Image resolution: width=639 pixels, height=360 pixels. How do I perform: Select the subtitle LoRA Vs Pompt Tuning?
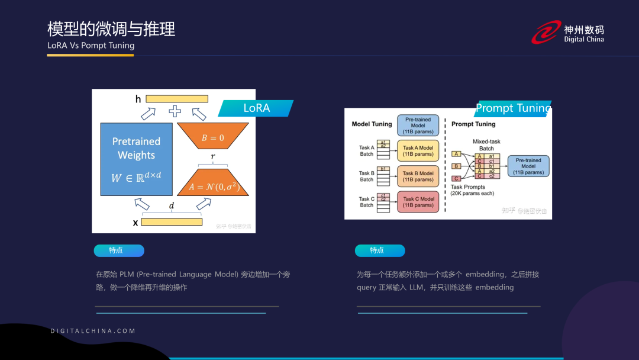tap(91, 46)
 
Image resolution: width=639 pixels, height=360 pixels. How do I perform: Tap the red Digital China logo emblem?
tap(546, 33)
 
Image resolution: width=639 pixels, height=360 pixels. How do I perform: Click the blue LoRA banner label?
tap(256, 108)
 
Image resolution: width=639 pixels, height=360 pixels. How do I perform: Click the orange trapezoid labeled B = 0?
tap(212, 137)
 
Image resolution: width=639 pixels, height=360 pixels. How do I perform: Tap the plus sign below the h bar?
tap(175, 111)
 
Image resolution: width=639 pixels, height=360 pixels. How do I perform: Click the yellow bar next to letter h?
tap(177, 99)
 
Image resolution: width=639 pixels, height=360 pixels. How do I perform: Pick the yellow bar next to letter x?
tap(172, 222)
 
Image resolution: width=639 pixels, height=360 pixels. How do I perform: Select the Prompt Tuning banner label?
tap(512, 108)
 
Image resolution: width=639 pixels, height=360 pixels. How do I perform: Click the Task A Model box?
tap(418, 151)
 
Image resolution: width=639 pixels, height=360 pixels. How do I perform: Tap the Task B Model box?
tap(418, 176)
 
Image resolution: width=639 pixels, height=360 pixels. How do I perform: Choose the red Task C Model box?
tap(418, 202)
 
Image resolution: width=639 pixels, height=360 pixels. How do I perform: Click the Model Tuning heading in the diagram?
tap(372, 124)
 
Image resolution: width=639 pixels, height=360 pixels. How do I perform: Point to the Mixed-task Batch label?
tap(486, 145)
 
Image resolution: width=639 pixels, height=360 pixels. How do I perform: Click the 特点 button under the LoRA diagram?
tap(118, 250)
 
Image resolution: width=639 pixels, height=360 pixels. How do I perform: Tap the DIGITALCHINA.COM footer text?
tap(93, 331)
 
